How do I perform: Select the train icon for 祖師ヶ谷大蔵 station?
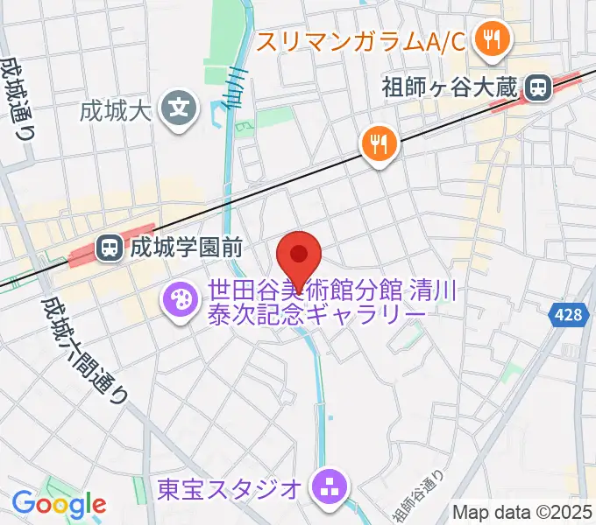pos(536,87)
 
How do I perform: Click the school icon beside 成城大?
pos(181,110)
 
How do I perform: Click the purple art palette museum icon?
pos(181,301)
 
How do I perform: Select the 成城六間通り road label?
pos(84,349)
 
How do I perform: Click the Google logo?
pos(59,504)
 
